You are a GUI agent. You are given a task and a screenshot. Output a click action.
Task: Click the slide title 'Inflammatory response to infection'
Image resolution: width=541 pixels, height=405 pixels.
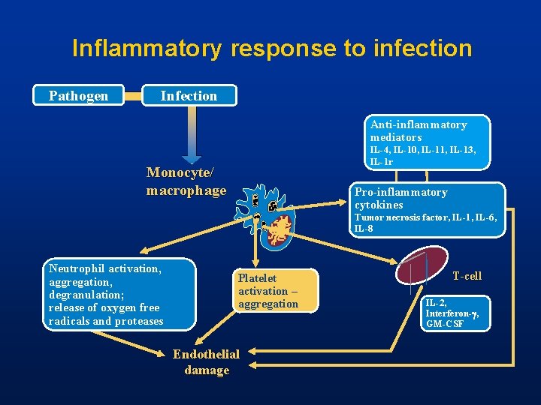tap(272, 49)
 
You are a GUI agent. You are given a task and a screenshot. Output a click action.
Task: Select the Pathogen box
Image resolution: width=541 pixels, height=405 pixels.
tap(78, 96)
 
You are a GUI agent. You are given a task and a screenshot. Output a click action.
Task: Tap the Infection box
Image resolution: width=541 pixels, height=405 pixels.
tap(189, 96)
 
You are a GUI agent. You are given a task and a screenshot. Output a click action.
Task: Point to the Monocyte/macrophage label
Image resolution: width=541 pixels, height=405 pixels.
tap(186, 181)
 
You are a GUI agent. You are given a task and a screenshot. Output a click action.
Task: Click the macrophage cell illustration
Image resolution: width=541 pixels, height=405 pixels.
tap(267, 217)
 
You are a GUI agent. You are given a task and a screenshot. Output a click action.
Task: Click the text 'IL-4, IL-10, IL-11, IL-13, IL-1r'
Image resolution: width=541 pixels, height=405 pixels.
tap(422, 156)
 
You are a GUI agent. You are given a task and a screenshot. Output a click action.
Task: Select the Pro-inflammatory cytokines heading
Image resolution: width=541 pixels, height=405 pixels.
tap(400, 198)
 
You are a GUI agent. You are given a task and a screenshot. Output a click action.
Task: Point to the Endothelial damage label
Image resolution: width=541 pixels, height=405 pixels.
tap(206, 362)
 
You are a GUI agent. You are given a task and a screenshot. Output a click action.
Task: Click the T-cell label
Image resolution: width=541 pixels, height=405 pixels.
tap(467, 277)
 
